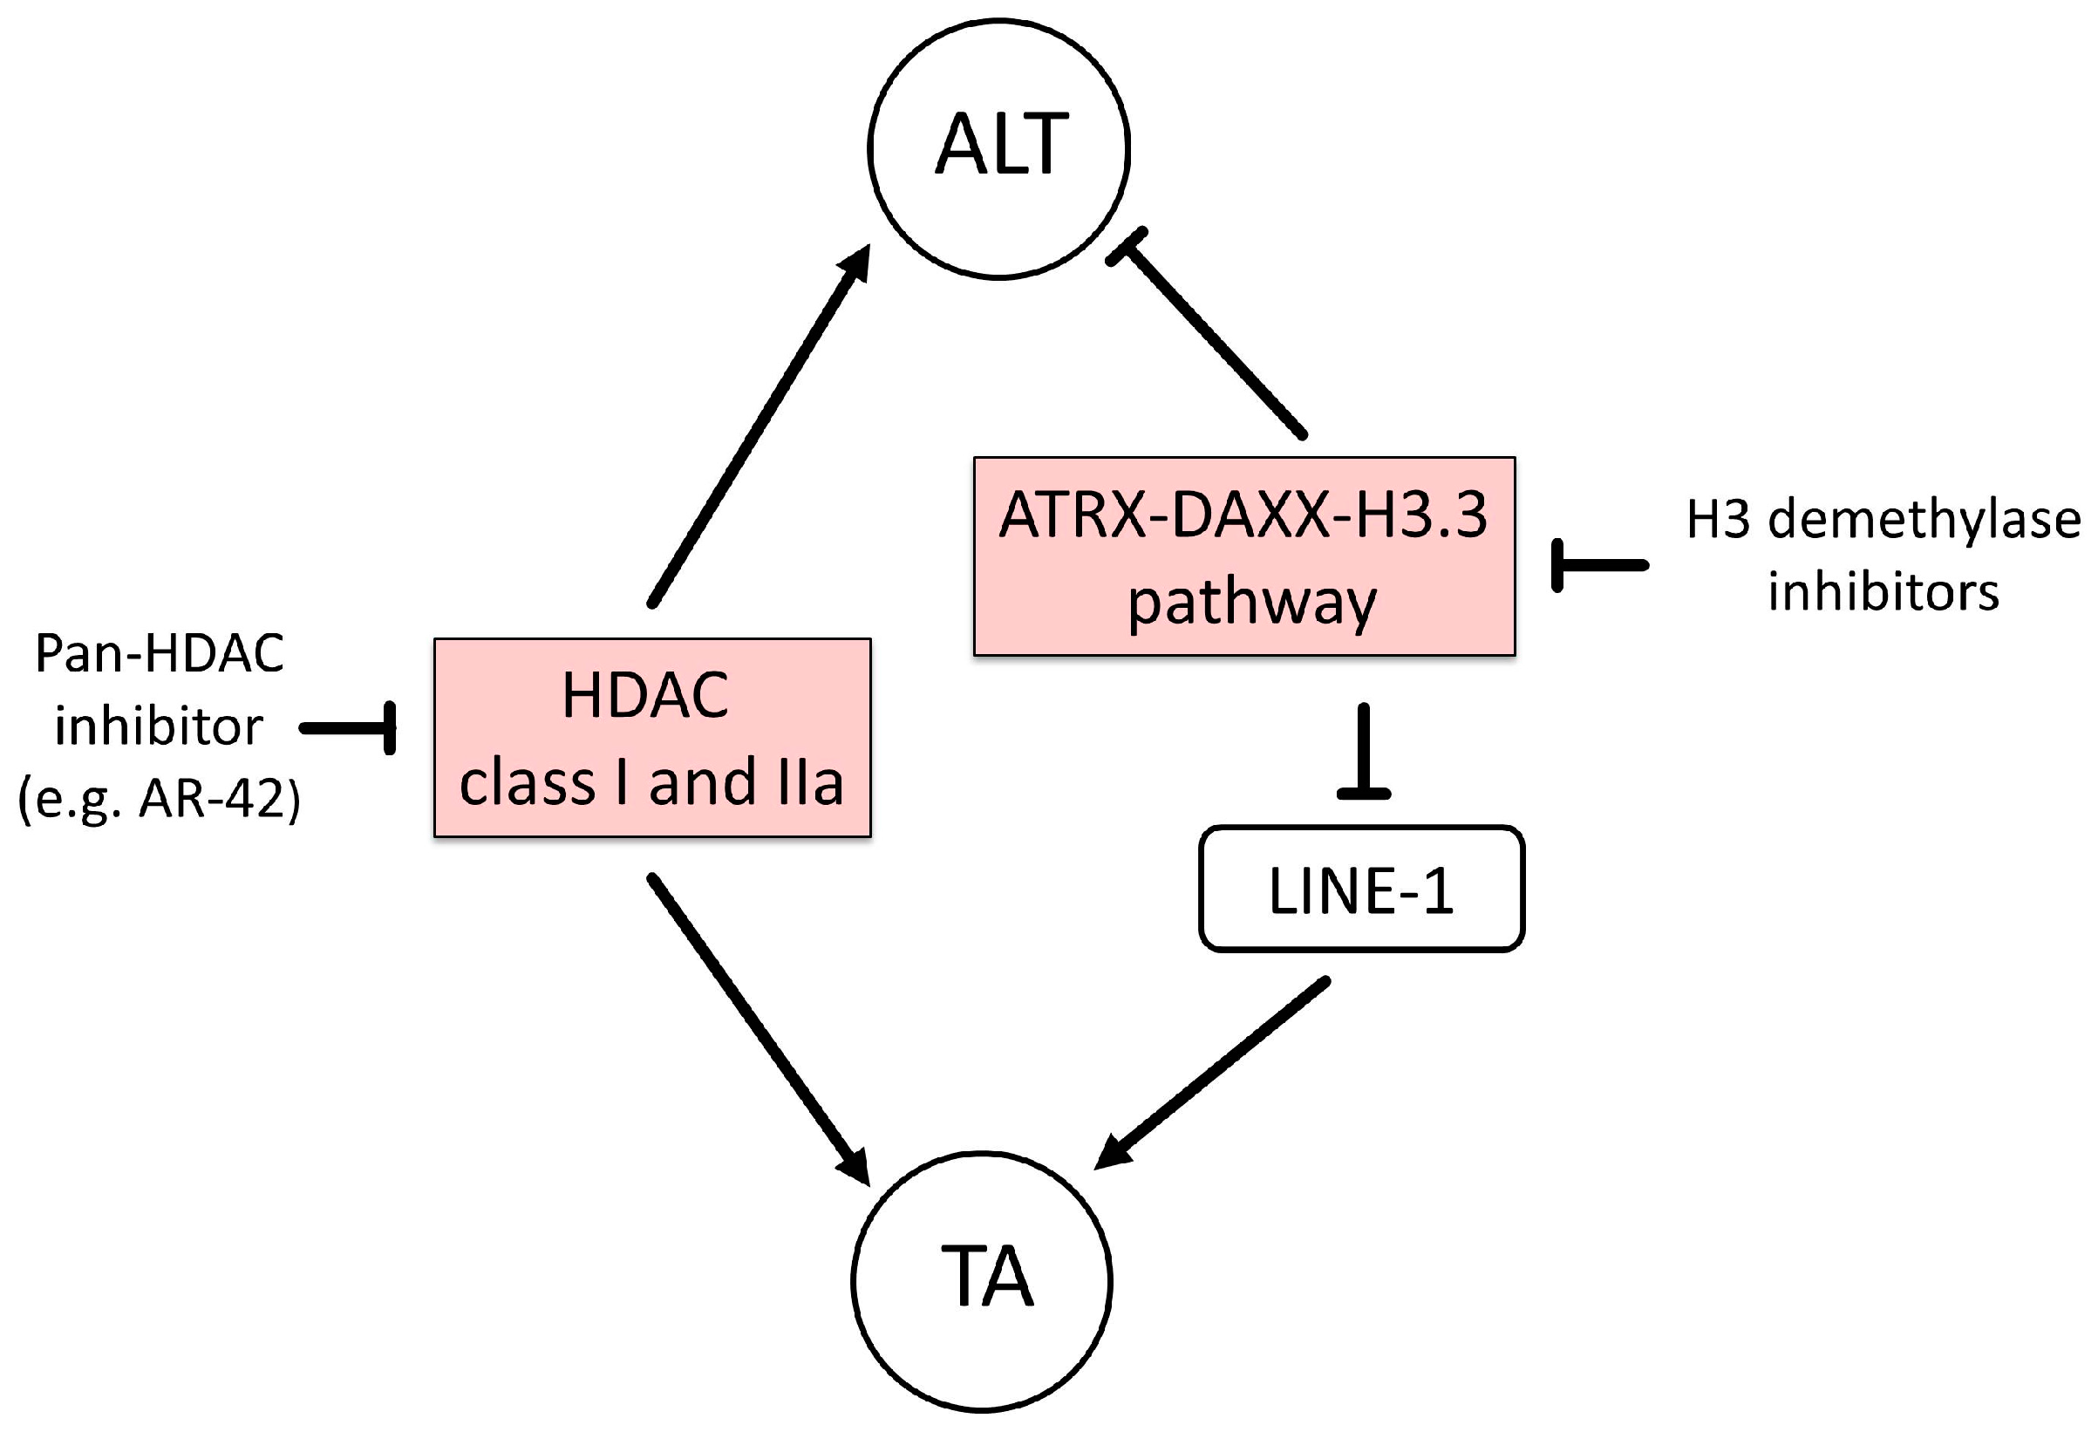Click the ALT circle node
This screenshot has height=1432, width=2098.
click(998, 148)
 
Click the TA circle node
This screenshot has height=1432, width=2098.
click(981, 1280)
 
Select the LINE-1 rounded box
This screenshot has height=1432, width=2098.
click(1361, 890)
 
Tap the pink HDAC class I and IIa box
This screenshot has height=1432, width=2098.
click(651, 738)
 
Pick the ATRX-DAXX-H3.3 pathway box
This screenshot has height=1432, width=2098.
click(1244, 556)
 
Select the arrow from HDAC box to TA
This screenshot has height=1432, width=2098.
click(754, 1026)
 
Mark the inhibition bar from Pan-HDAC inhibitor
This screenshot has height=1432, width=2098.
click(352, 727)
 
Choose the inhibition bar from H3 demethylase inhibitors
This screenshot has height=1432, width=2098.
click(1597, 566)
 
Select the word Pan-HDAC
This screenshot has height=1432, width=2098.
click(159, 654)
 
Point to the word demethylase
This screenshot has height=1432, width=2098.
click(1924, 521)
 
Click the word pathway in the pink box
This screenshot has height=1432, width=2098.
click(1251, 603)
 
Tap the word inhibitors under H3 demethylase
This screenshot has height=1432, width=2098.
click(1883, 593)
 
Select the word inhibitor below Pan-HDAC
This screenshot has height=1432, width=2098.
click(159, 726)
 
